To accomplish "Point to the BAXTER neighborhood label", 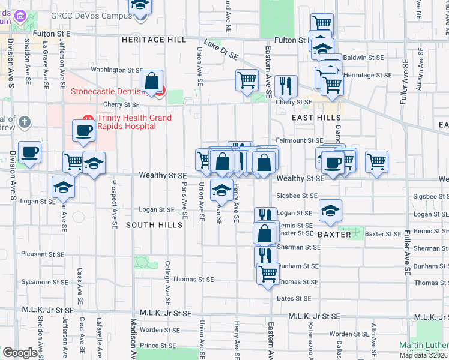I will [334, 235].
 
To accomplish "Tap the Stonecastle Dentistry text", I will [109, 92].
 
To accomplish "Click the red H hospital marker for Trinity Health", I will [88, 118].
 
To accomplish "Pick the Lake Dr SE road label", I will [221, 50].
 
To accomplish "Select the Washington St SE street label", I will [115, 70].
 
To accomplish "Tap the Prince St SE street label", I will [158, 346].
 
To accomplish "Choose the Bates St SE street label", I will [294, 298].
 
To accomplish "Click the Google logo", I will [20, 353].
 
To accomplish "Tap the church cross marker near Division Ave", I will [25, 122].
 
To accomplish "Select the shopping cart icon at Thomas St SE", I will [268, 274].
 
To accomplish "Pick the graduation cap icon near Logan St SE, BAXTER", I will [330, 210].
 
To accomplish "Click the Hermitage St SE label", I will [367, 75].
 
